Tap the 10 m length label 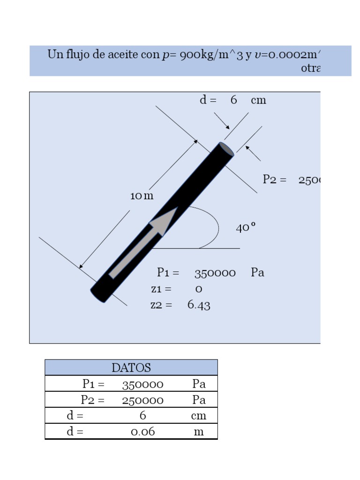point(142,196)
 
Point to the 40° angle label point(246,228)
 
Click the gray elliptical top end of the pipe point(227,149)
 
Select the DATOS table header point(131,367)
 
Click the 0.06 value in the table point(142,432)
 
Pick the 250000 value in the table point(142,400)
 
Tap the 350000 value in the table point(142,384)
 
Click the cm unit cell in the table point(199,416)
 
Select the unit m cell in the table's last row point(199,432)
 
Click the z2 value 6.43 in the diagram point(199,305)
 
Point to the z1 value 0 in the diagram point(199,289)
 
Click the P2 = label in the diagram point(275,180)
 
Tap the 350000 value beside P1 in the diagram point(215,273)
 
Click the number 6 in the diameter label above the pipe point(233,100)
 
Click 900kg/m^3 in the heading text point(211,55)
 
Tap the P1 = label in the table point(94,384)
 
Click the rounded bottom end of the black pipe point(98,295)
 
